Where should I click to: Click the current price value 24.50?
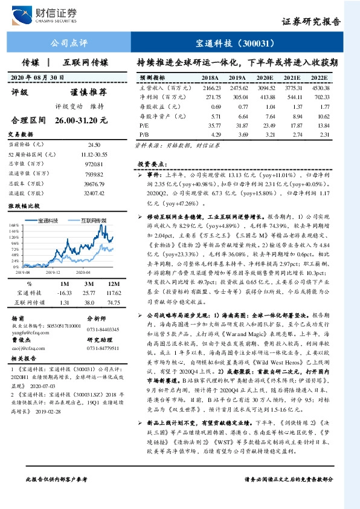[94, 146]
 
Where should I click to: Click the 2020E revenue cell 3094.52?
[265, 88]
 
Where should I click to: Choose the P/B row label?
[144, 132]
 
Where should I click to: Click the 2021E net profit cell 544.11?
[294, 97]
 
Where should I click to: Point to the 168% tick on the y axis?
[14, 225]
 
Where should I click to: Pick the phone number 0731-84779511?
[103, 348]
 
